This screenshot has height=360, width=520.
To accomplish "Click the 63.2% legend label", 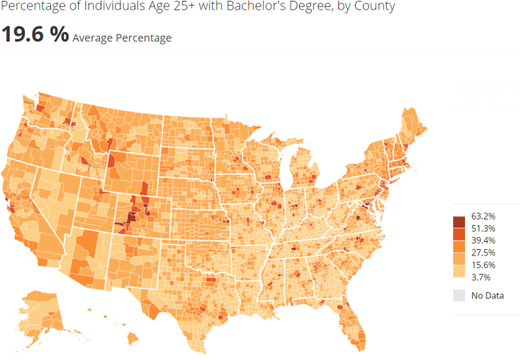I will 483,216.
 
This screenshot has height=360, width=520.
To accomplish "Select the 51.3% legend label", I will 483,228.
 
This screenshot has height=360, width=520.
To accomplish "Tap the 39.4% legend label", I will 483,240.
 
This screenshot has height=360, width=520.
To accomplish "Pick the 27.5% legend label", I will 483,252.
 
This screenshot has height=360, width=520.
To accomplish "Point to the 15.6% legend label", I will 483,264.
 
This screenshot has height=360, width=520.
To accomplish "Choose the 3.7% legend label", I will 481,276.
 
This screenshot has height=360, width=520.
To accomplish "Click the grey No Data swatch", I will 459,296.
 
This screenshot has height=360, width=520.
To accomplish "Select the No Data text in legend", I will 487,296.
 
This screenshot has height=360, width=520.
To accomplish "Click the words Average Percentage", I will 121,38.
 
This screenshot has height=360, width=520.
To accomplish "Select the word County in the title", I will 375,6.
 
